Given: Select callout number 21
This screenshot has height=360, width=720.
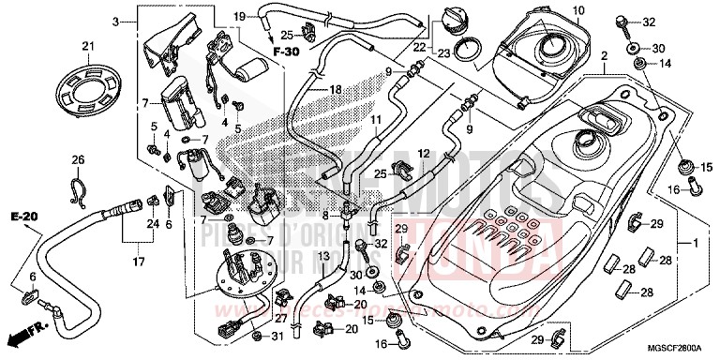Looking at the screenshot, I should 88,47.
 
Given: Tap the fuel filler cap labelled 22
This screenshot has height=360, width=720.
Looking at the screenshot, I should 446,20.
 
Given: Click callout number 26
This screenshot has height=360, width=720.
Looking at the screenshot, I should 78,158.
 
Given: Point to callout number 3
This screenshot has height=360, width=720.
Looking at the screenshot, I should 116,21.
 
